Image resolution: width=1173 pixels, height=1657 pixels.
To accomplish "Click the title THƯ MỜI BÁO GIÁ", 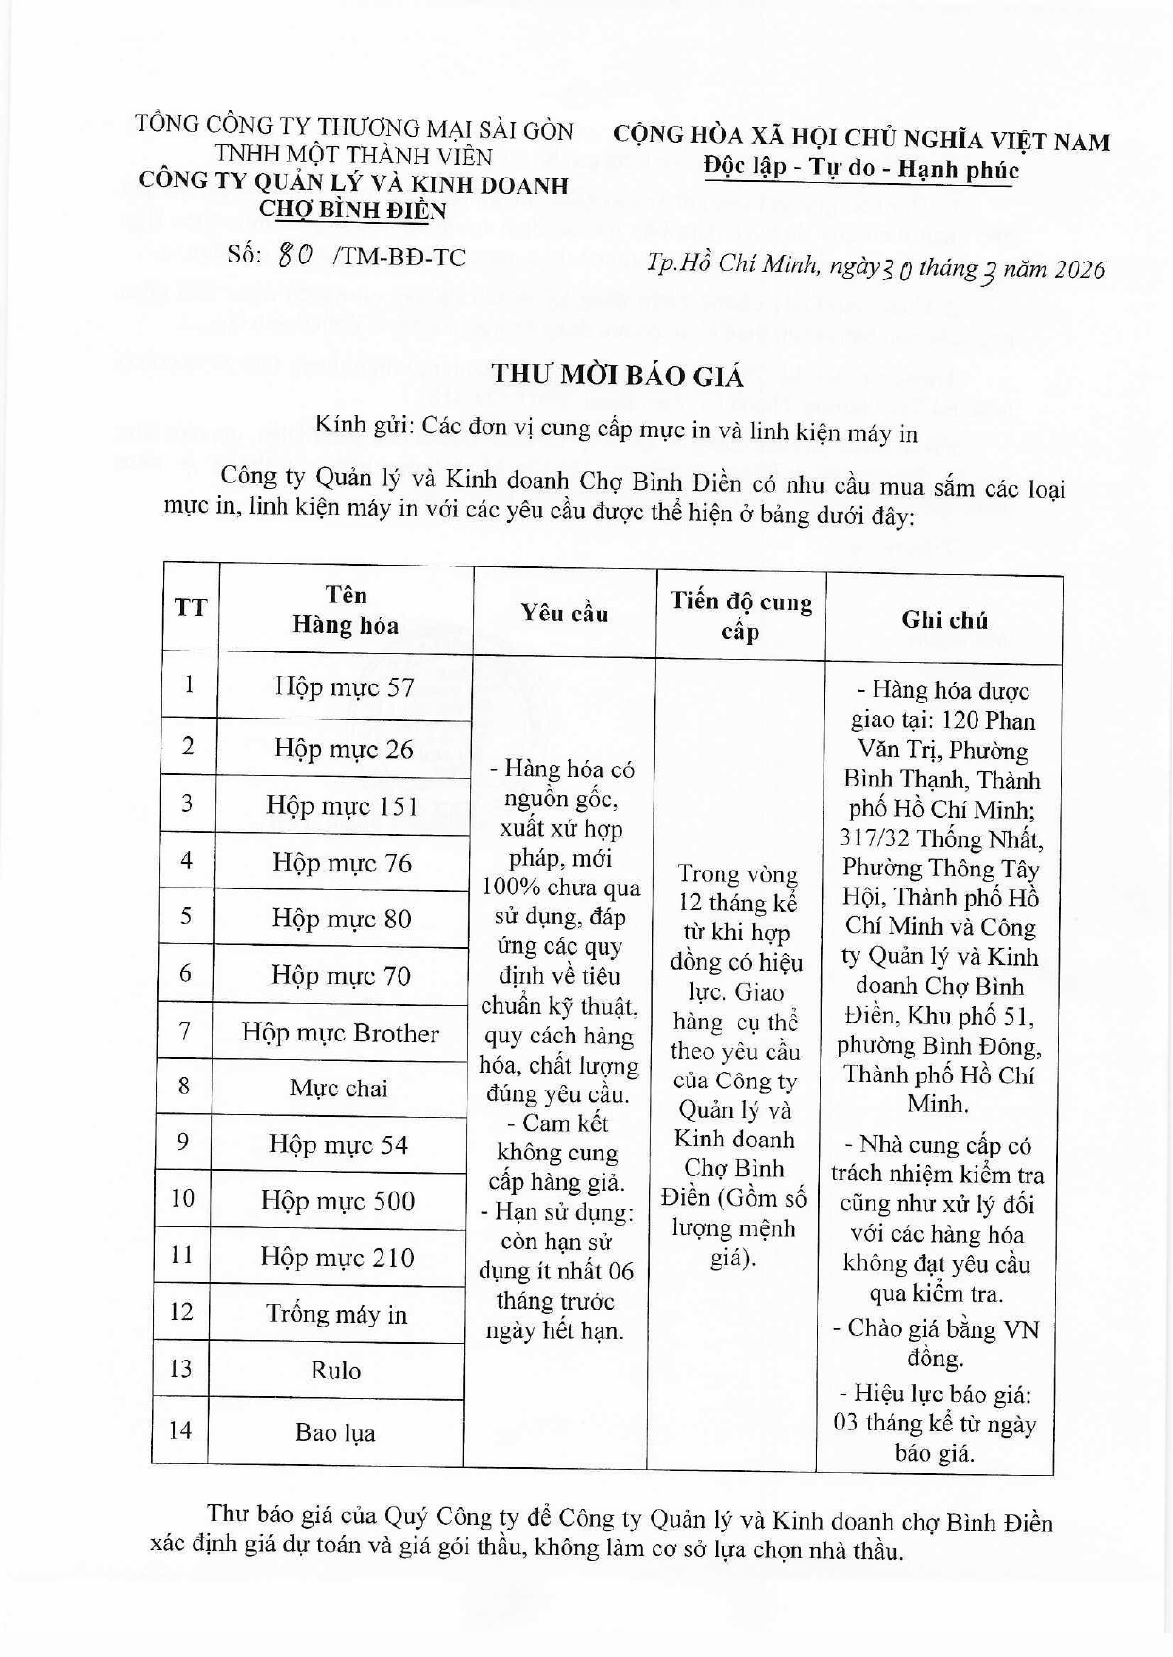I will tap(618, 376).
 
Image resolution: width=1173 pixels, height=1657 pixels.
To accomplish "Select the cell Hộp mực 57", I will tap(345, 686).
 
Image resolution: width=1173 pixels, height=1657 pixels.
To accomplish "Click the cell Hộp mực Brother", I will tap(340, 1033).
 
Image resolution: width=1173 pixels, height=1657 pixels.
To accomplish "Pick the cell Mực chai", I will tap(338, 1089).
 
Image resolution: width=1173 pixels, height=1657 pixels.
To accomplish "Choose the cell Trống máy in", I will tap(336, 1314).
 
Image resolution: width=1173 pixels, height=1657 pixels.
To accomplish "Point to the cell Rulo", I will tap(335, 1370).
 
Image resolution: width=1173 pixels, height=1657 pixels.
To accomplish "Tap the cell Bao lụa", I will tap(334, 1432).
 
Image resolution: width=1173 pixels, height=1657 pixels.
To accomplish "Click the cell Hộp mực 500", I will tap(338, 1201).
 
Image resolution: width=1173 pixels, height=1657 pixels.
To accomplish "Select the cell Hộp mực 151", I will tap(342, 806).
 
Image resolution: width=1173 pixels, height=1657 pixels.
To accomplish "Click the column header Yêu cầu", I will tap(565, 614).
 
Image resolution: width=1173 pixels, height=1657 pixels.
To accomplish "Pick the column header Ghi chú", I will tap(943, 619).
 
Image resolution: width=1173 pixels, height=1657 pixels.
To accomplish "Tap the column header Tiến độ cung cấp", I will tap(741, 616).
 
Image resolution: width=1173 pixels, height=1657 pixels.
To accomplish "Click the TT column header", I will tap(191, 607).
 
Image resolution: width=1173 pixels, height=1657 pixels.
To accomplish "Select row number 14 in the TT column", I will tap(180, 1429).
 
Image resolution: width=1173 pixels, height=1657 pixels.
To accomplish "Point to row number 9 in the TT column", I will tap(184, 1142).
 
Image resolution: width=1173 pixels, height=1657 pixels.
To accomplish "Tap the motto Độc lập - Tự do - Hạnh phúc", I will tap(860, 169).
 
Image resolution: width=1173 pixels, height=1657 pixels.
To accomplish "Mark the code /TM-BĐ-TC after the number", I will tap(400, 257).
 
